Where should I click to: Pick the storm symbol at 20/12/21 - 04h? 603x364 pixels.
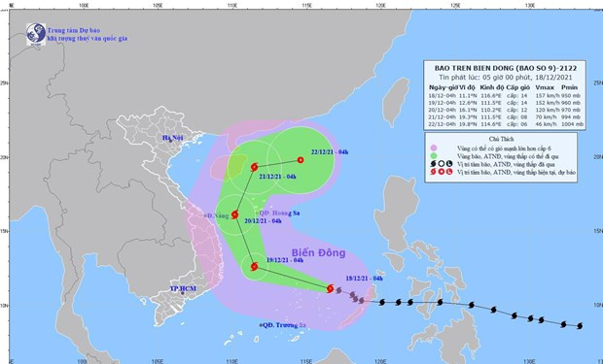[x=234, y=214]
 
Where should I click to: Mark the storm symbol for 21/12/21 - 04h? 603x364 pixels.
[x=255, y=168]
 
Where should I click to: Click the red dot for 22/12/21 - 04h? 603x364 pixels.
[x=298, y=161]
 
